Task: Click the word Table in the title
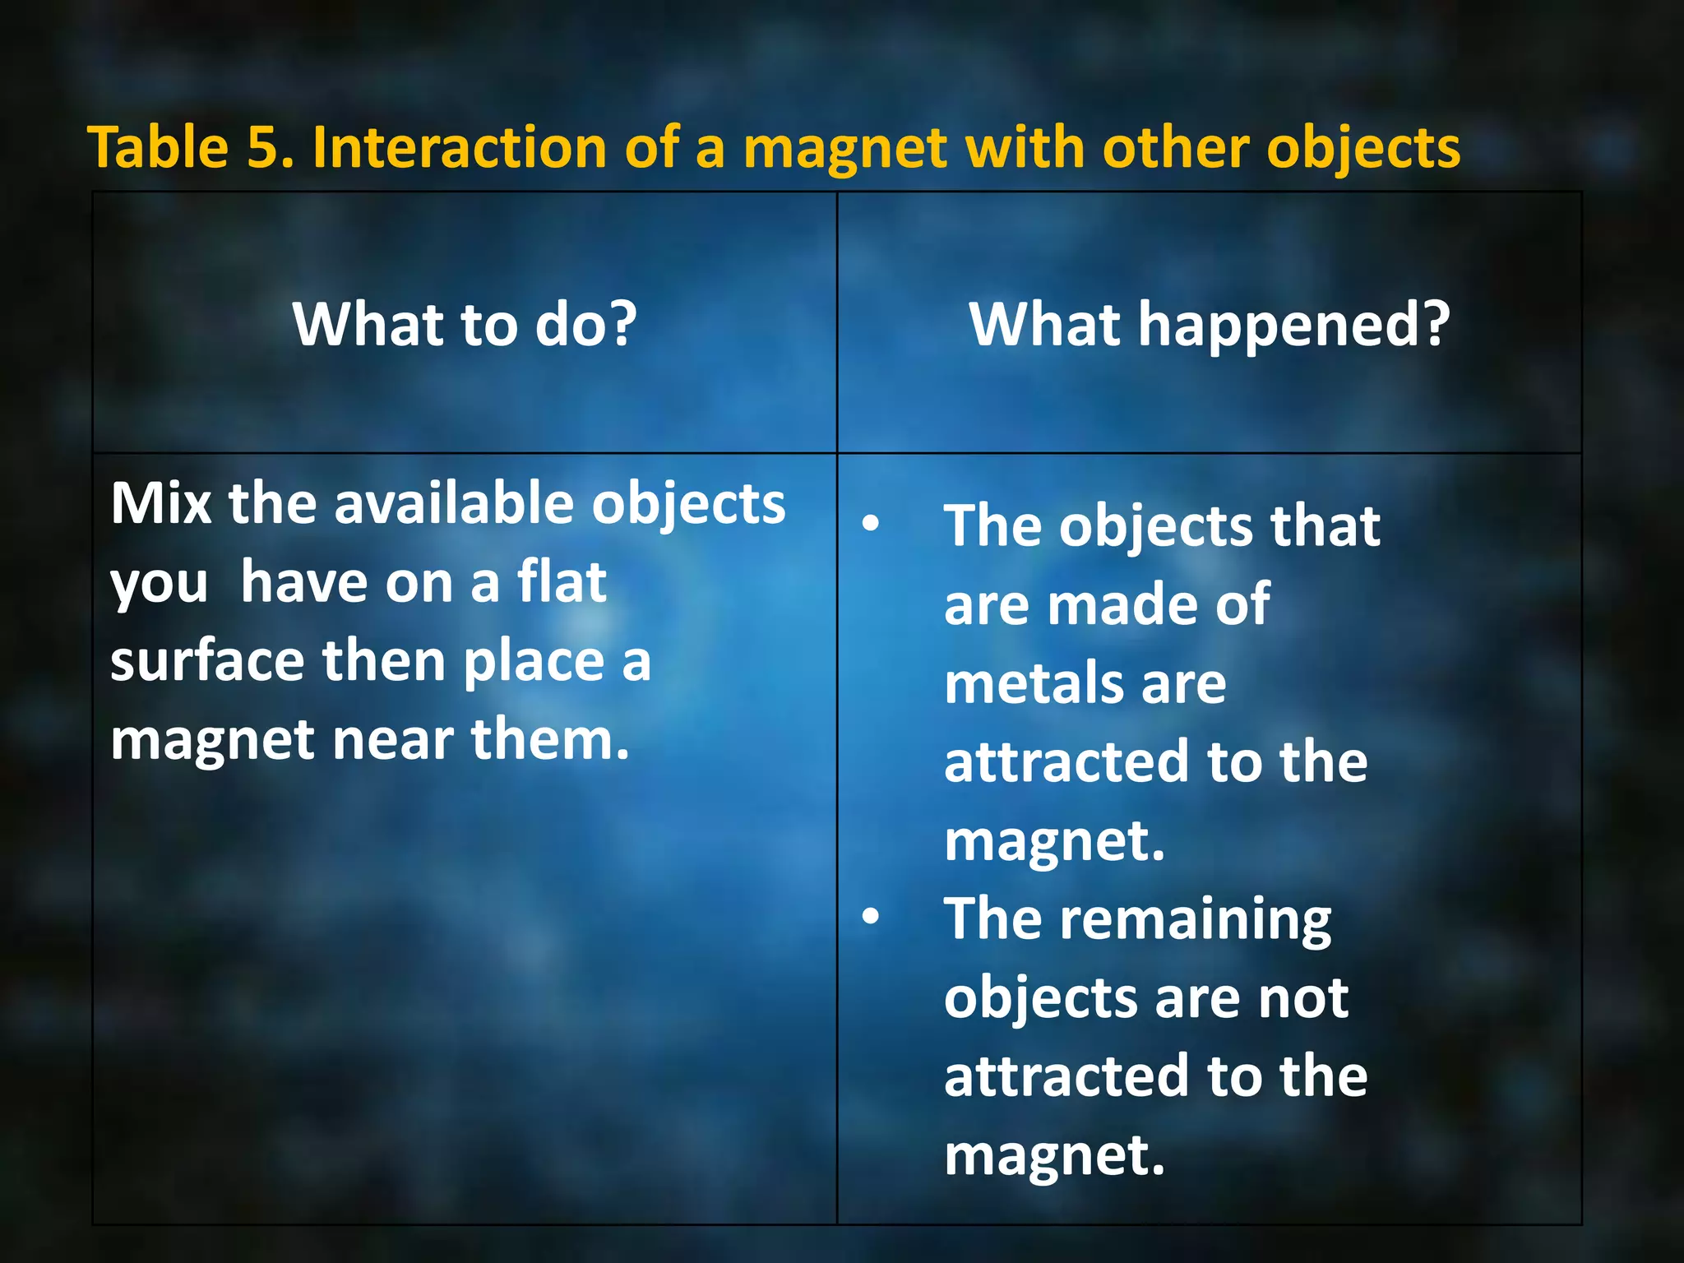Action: click(158, 148)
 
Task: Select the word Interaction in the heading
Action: click(460, 148)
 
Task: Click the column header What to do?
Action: click(465, 324)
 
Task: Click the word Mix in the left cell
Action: click(161, 502)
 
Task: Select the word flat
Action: click(562, 581)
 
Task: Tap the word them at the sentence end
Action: click(549, 739)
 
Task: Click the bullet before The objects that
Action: click(871, 523)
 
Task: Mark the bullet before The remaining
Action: click(871, 916)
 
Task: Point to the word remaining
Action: click(1195, 919)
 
